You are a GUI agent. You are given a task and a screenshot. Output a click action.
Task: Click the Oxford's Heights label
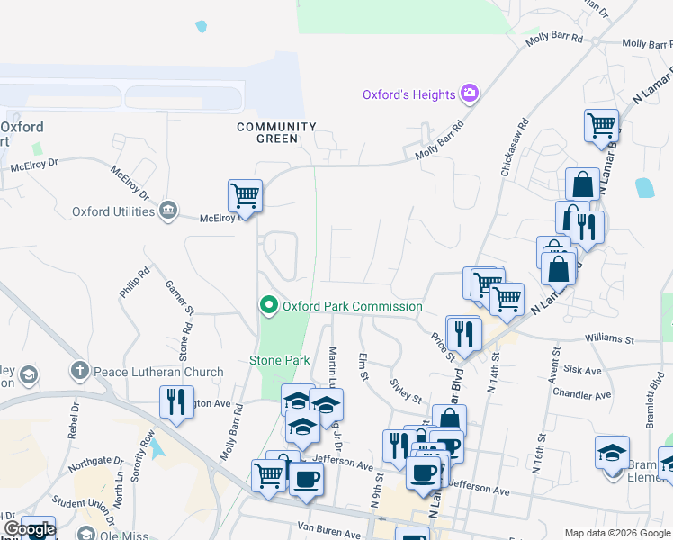pyautogui.click(x=408, y=94)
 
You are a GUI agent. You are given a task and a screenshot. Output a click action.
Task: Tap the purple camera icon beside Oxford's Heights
pyautogui.click(x=469, y=94)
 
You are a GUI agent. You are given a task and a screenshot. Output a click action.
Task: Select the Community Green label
pyautogui.click(x=276, y=133)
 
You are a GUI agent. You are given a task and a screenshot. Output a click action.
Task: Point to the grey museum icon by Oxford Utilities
pyautogui.click(x=167, y=211)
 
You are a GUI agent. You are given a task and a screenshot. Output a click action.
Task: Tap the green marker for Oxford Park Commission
pyautogui.click(x=268, y=306)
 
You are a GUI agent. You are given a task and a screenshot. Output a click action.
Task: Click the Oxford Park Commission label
pyautogui.click(x=353, y=306)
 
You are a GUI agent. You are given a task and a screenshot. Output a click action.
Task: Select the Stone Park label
pyautogui.click(x=279, y=361)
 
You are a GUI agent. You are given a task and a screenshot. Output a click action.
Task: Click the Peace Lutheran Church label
pyautogui.click(x=158, y=372)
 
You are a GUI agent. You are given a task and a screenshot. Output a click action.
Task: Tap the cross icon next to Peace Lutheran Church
pyautogui.click(x=80, y=371)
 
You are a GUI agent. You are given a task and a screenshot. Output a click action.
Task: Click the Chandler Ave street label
pyautogui.click(x=582, y=394)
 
